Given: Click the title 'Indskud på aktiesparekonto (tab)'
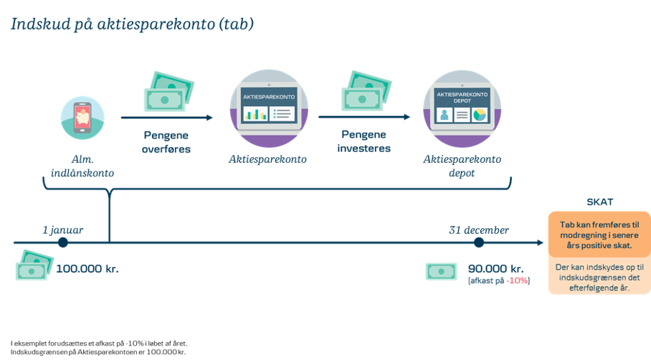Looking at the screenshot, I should coord(132,24).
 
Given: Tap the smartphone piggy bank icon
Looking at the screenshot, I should coord(82,115).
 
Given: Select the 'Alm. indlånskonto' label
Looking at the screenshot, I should coord(82,166).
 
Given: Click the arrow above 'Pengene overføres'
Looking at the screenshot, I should coord(166,117).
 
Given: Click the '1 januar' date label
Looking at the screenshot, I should coord(63,230).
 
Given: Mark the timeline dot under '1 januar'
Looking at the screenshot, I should coord(63,243).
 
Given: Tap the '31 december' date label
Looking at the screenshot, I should coord(480,230).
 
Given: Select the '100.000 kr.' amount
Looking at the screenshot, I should coord(87,270).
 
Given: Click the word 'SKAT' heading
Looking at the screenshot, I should coord(599,203).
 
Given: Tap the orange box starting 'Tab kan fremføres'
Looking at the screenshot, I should coord(599,235).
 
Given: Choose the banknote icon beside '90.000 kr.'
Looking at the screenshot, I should coord(442,271).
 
